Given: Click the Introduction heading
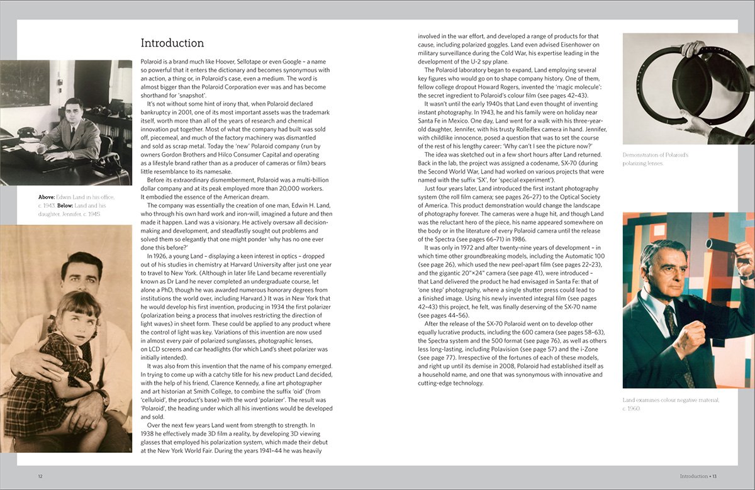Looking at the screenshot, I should (x=172, y=43).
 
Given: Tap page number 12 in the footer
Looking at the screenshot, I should (x=40, y=476).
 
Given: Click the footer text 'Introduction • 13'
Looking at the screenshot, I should (x=698, y=476).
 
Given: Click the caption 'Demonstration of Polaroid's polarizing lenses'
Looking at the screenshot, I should (x=656, y=159).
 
